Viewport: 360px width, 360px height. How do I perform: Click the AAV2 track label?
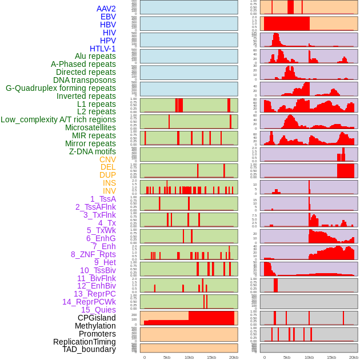pyautogui.click(x=106, y=9)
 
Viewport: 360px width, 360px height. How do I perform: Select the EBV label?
pyautogui.click(x=108, y=17)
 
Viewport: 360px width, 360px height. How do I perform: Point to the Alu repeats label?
pyautogui.click(x=95, y=56)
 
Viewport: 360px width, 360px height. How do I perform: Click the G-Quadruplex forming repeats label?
pyautogui.click(x=61, y=88)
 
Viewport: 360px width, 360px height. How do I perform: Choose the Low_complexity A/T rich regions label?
pyautogui.click(x=58, y=119)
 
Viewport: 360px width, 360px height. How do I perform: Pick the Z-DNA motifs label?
pyautogui.click(x=92, y=151)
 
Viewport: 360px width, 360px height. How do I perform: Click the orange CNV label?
pyautogui.click(x=107, y=159)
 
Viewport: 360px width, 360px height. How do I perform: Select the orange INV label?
pyautogui.click(x=109, y=191)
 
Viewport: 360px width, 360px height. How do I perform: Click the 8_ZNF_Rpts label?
pyautogui.click(x=93, y=254)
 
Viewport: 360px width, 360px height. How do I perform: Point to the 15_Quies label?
pyautogui.click(x=98, y=310)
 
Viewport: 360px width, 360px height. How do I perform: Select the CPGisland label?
pyautogui.click(x=97, y=318)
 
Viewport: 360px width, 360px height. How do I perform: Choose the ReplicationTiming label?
pyautogui.click(x=84, y=342)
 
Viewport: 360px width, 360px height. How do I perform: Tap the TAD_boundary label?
pyautogui.click(x=89, y=349)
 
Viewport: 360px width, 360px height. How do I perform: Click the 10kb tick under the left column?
pyautogui.click(x=189, y=357)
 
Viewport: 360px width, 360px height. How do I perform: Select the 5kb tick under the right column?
pyautogui.click(x=286, y=357)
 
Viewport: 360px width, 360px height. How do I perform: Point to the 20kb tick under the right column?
pyautogui.click(x=353, y=357)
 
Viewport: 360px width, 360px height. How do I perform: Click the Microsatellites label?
pyautogui.click(x=90, y=127)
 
